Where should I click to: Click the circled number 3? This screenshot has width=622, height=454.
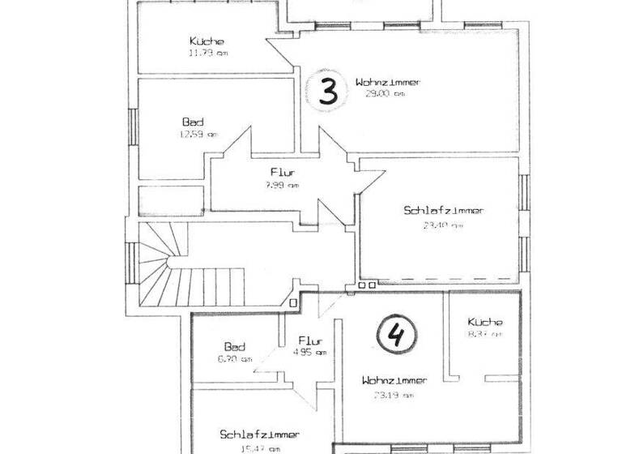point(327,92)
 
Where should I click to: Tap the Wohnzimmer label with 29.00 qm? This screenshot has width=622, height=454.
point(388,82)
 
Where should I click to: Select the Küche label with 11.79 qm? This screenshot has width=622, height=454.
point(207,41)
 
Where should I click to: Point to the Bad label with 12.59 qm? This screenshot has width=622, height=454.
point(193,122)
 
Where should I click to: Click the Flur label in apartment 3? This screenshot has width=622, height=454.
point(282,172)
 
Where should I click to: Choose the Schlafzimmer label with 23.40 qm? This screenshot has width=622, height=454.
point(443,211)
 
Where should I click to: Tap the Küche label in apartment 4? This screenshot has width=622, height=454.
point(484,320)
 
